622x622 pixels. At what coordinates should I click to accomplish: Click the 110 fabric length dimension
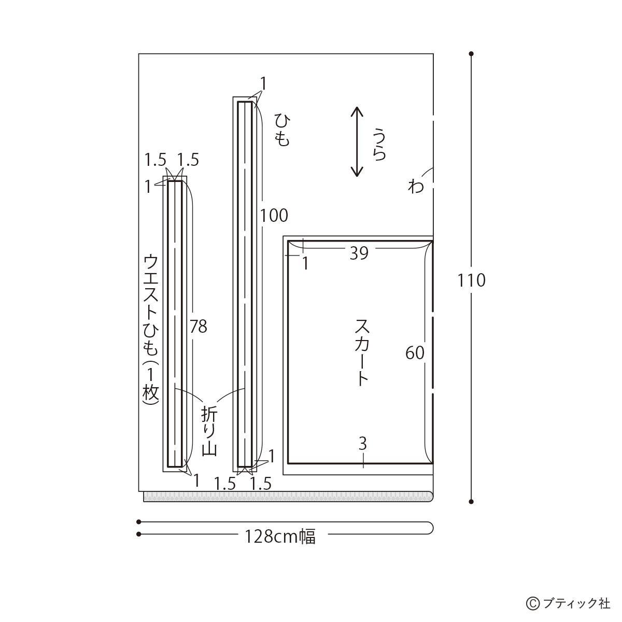(471, 280)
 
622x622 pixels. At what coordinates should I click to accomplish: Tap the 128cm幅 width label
(280, 537)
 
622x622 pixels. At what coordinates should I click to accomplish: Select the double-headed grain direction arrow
(357, 142)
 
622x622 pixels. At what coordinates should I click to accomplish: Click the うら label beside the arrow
(379, 144)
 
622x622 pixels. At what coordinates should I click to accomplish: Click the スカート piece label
(363, 353)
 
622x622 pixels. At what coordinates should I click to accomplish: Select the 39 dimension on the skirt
(359, 253)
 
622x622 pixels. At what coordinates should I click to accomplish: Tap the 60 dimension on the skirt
(415, 353)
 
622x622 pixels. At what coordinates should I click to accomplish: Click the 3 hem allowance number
(363, 444)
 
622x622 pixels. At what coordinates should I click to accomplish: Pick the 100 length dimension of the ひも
(274, 216)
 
